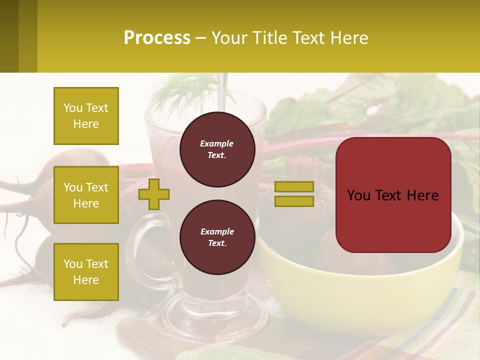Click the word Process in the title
pyautogui.click(x=157, y=38)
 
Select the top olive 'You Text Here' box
pyautogui.click(x=86, y=116)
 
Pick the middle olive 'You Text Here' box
pyautogui.click(x=86, y=195)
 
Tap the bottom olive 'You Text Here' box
pyautogui.click(x=86, y=271)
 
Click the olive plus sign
pyautogui.click(x=154, y=194)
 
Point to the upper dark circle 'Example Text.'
pyautogui.click(x=217, y=149)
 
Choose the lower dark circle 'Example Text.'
pyautogui.click(x=217, y=237)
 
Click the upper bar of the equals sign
pyautogui.click(x=294, y=186)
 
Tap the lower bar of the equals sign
pyautogui.click(x=294, y=201)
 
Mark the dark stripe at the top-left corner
pyautogui.click(x=9, y=36)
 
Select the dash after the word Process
pyautogui.click(x=200, y=38)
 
